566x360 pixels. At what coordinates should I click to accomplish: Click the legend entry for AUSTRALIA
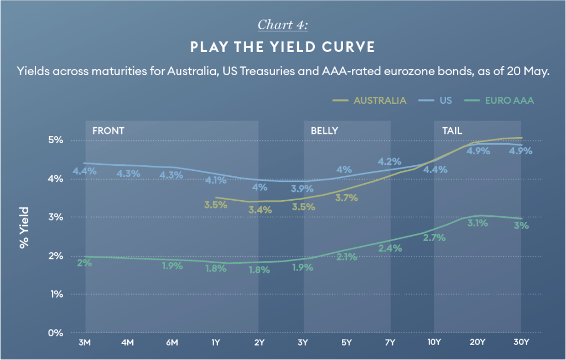[x=370, y=100]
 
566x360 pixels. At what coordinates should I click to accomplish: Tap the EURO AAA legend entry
[x=499, y=100]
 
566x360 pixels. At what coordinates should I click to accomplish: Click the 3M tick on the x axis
[x=85, y=342]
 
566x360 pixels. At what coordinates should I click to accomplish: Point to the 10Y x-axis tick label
[x=434, y=342]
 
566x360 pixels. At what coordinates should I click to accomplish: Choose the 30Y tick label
[x=521, y=342]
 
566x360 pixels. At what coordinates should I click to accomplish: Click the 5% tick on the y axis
[x=55, y=140]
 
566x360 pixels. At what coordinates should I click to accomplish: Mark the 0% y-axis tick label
[x=55, y=332]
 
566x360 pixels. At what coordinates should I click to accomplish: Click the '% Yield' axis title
[x=24, y=228]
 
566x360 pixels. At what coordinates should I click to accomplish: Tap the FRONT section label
[x=108, y=131]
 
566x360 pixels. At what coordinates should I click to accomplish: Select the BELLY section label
[x=325, y=131]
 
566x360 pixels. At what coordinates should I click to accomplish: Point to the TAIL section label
[x=452, y=131]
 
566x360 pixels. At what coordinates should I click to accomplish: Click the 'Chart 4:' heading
[x=283, y=24]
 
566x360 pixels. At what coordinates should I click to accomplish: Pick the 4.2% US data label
[x=390, y=161]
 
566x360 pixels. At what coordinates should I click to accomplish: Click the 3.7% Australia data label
[x=346, y=197]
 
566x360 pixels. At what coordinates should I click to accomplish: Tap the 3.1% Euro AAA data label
[x=477, y=223]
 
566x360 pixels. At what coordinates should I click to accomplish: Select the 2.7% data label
[x=434, y=238]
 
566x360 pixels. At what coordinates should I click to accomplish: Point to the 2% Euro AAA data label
[x=85, y=263]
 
